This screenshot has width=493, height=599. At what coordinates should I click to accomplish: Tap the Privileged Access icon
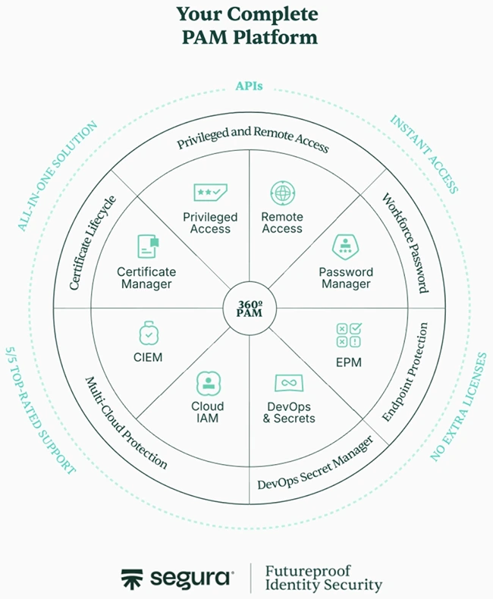pyautogui.click(x=208, y=193)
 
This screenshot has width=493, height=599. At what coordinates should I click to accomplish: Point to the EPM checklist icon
pyautogui.click(x=349, y=336)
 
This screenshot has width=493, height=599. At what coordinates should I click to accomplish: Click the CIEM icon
pyautogui.click(x=149, y=333)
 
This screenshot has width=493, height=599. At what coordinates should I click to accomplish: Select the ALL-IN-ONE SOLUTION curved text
pyautogui.click(x=58, y=176)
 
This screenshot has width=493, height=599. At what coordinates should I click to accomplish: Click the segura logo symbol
pyautogui.click(x=134, y=579)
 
